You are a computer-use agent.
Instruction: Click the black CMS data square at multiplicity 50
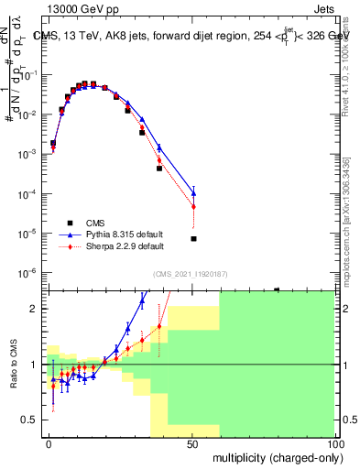(x=193, y=239)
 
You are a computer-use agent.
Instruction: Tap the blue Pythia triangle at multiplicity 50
(x=193, y=192)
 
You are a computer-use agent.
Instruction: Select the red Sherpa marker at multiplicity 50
(x=193, y=207)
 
